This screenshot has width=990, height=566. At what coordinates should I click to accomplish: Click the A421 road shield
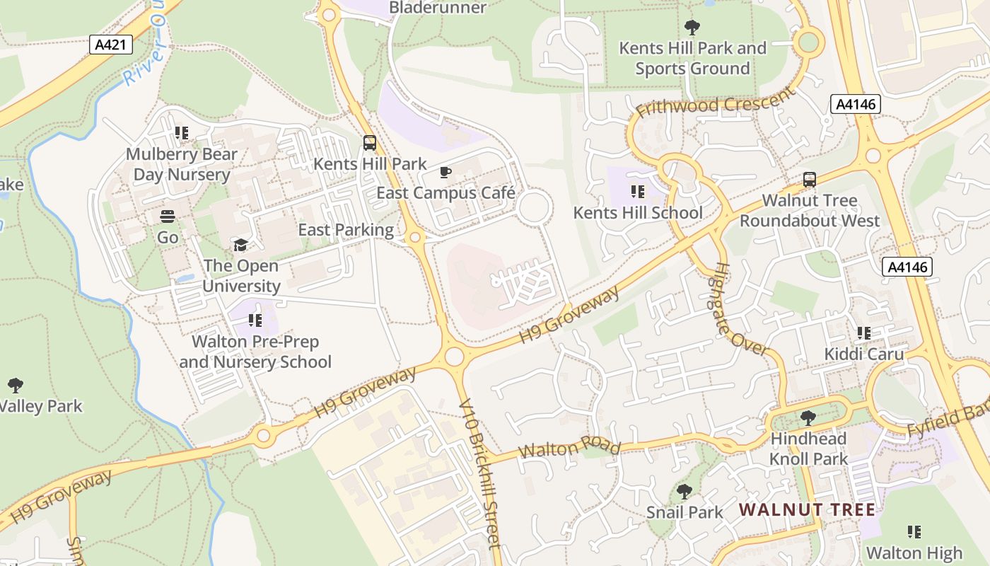coord(112,45)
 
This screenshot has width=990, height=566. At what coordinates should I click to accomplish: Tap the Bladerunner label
coord(438,8)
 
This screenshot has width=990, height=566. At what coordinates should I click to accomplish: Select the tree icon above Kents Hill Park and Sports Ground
coord(692,28)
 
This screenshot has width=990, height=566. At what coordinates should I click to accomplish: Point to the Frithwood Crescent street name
coord(716,105)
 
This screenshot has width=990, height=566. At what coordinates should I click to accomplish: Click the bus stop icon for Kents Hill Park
coord(369,144)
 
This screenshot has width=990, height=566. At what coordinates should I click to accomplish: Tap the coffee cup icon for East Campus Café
coord(445,173)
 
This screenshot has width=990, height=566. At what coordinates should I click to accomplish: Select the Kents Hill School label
coord(637,213)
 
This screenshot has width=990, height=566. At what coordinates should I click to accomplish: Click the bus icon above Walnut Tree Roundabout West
coord(810,180)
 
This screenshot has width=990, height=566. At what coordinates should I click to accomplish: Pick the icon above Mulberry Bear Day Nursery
coord(182,133)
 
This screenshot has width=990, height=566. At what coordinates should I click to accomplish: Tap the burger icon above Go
coord(168,216)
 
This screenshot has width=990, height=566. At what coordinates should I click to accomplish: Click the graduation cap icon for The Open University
coord(241,246)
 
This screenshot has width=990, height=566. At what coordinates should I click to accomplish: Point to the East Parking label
coord(346,230)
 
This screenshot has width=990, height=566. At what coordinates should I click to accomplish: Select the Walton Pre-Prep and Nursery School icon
coord(255,321)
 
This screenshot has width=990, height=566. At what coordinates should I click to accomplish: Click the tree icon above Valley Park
coord(16,386)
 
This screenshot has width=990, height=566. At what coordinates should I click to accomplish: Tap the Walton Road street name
coord(569,449)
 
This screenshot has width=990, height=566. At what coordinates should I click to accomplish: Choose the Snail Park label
coord(685,512)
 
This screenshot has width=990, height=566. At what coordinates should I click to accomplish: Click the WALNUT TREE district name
coord(807,509)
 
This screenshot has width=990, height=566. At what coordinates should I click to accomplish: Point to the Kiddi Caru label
coord(863,354)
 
